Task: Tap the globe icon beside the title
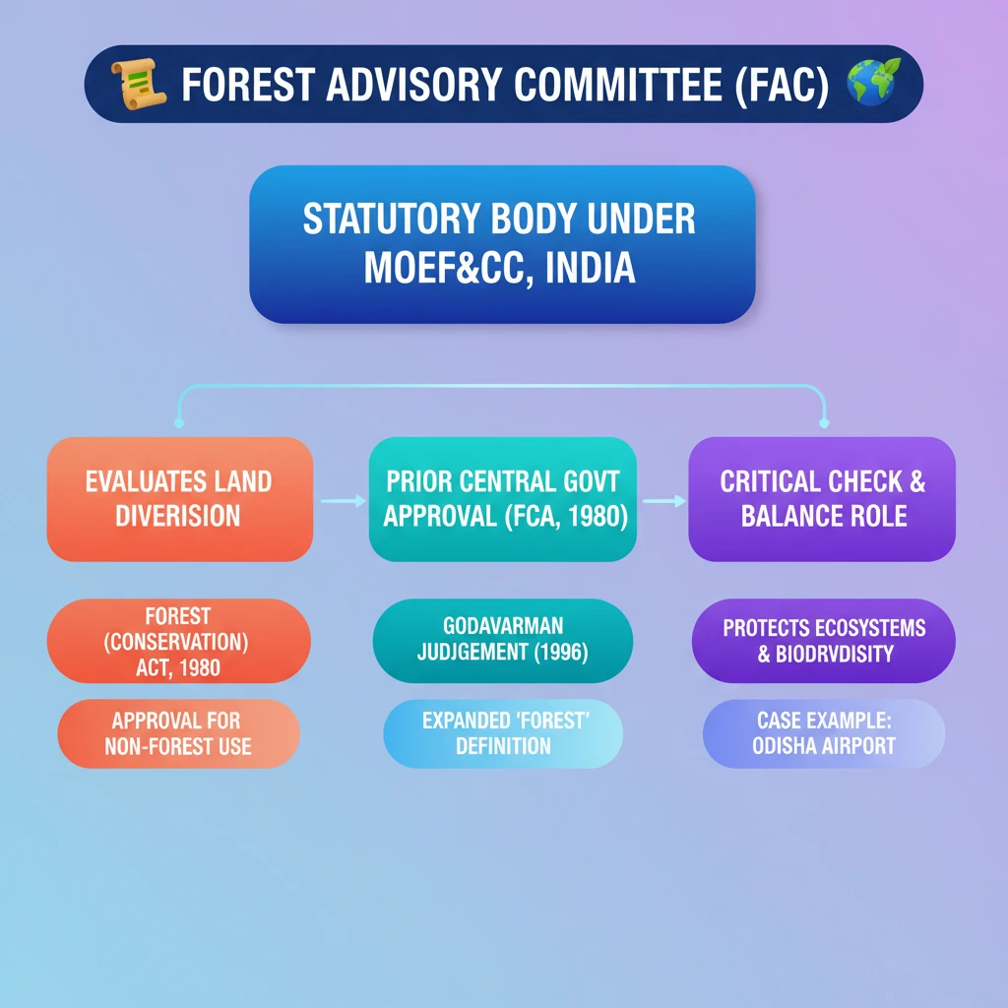[x=872, y=84]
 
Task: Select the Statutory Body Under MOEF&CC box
[x=502, y=244]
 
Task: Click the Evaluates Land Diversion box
[x=179, y=499]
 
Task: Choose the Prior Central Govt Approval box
[x=503, y=499]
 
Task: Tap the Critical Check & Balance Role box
[x=822, y=499]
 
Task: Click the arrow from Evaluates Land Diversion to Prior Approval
[x=341, y=501]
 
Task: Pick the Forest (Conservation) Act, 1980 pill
[x=178, y=642]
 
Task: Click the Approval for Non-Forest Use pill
[x=178, y=733]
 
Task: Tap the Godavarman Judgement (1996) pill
[x=503, y=640]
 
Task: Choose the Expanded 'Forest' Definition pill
[x=503, y=733]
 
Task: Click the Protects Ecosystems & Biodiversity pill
[x=824, y=641]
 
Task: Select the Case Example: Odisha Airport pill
[x=824, y=733]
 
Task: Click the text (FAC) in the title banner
[x=785, y=86]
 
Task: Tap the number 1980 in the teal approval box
[x=592, y=516]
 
